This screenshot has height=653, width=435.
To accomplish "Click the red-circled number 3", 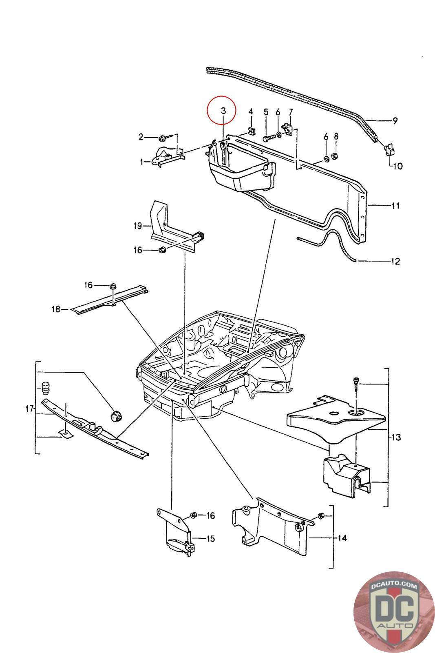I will click(223, 111).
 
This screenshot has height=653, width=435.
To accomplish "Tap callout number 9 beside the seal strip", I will click(395, 121).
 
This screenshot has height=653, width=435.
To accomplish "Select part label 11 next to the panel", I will click(395, 206).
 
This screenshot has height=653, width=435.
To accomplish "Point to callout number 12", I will click(395, 261).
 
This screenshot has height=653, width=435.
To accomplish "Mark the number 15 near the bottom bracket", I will click(210, 539).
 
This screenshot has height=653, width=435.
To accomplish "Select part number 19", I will click(137, 225).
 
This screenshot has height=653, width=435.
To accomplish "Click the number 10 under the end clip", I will click(397, 166).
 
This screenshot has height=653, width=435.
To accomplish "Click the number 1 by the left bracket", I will click(142, 162).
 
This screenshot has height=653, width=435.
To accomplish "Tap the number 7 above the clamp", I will click(291, 112).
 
